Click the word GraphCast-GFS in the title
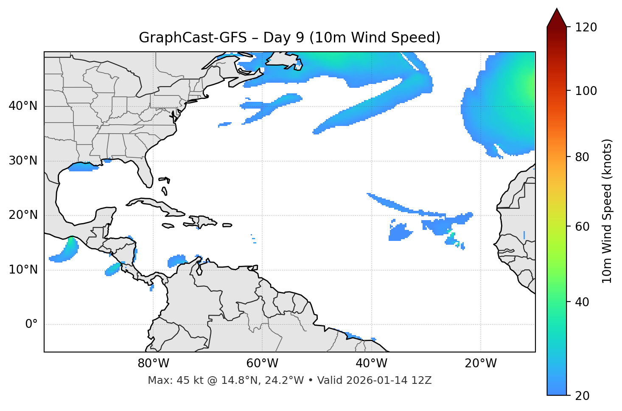tap(193, 38)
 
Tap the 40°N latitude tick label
tap(23, 106)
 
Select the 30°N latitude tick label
tap(23, 161)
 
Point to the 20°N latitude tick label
tap(23, 215)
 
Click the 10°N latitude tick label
tap(23, 270)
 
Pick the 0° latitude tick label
tap(31, 324)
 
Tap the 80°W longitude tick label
tap(153, 363)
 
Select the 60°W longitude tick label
tap(262, 363)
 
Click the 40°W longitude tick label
tap(371, 363)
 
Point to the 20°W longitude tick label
tap(481, 363)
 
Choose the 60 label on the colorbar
tap(582, 226)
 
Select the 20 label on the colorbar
tap(582, 396)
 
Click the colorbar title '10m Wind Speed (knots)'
tap(607, 211)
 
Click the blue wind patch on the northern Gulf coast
tap(81, 167)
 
